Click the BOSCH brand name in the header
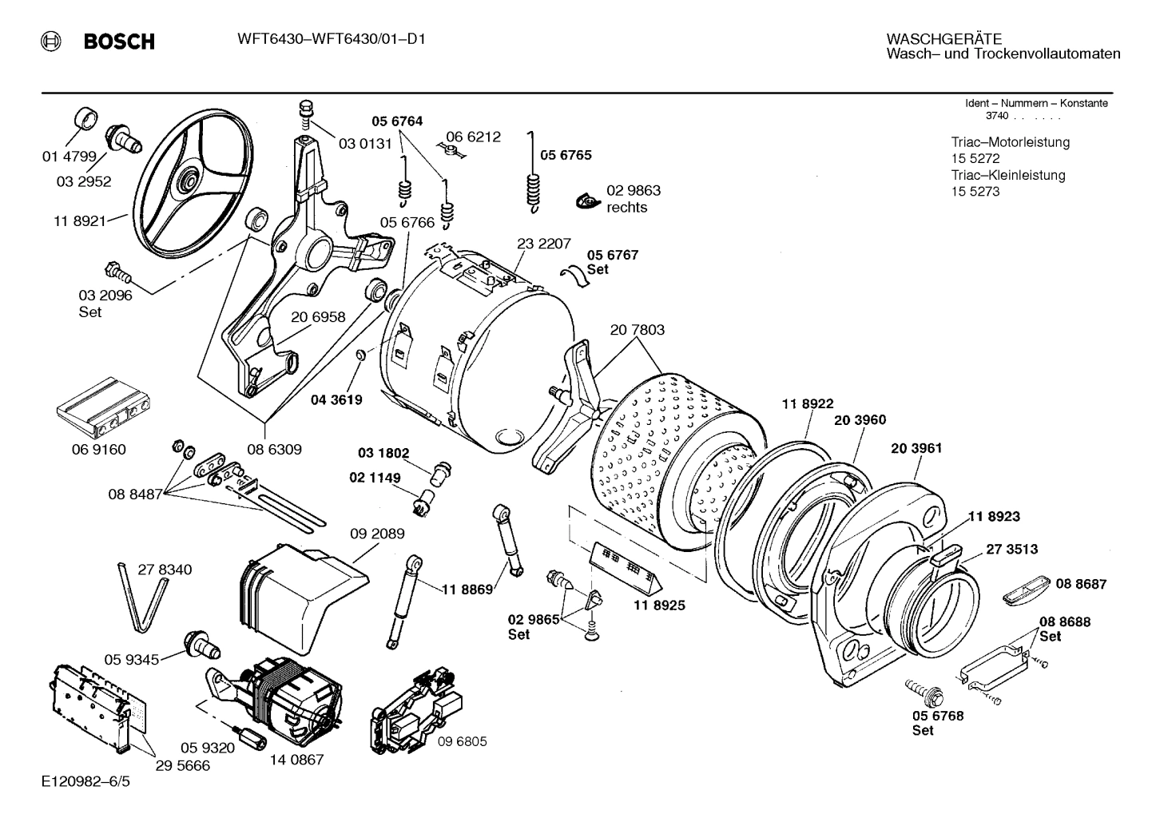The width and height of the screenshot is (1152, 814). (119, 42)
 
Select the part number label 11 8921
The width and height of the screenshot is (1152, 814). (80, 221)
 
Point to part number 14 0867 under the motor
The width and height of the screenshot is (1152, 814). (296, 759)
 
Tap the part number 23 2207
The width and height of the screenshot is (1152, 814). (543, 244)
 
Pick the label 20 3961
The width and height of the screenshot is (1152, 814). (916, 448)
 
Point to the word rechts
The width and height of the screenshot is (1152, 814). (627, 208)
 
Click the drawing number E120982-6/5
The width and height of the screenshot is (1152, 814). (85, 780)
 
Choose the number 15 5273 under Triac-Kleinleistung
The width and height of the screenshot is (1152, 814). (975, 192)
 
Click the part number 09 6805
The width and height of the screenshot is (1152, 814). (462, 741)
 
